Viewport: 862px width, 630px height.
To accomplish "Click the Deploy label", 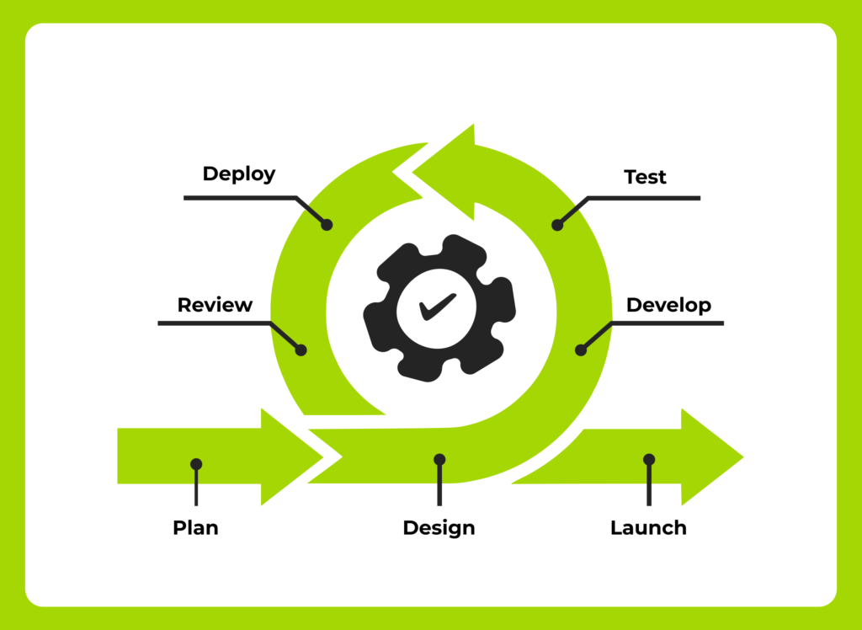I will (x=239, y=174).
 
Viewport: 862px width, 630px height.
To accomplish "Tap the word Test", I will (x=645, y=177).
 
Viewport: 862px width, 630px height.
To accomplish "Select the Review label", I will (x=215, y=304).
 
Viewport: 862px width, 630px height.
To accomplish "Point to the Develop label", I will (x=668, y=304).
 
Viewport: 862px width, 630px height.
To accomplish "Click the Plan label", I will (x=195, y=528).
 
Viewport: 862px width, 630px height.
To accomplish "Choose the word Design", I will (x=439, y=528).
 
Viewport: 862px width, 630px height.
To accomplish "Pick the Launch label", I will (x=648, y=528).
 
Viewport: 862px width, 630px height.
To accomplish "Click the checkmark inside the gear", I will (x=438, y=307).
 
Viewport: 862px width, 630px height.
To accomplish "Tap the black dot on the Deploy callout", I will (x=327, y=225).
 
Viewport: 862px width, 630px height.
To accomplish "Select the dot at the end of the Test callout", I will (x=556, y=225).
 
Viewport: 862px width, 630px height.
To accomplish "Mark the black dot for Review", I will (x=302, y=349).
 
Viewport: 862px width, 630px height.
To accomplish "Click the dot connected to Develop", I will (x=580, y=349).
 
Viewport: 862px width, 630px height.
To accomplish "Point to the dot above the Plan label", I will (x=196, y=464).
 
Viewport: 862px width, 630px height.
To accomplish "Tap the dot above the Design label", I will (x=439, y=459).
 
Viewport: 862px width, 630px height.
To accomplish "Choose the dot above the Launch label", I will (x=648, y=459).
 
